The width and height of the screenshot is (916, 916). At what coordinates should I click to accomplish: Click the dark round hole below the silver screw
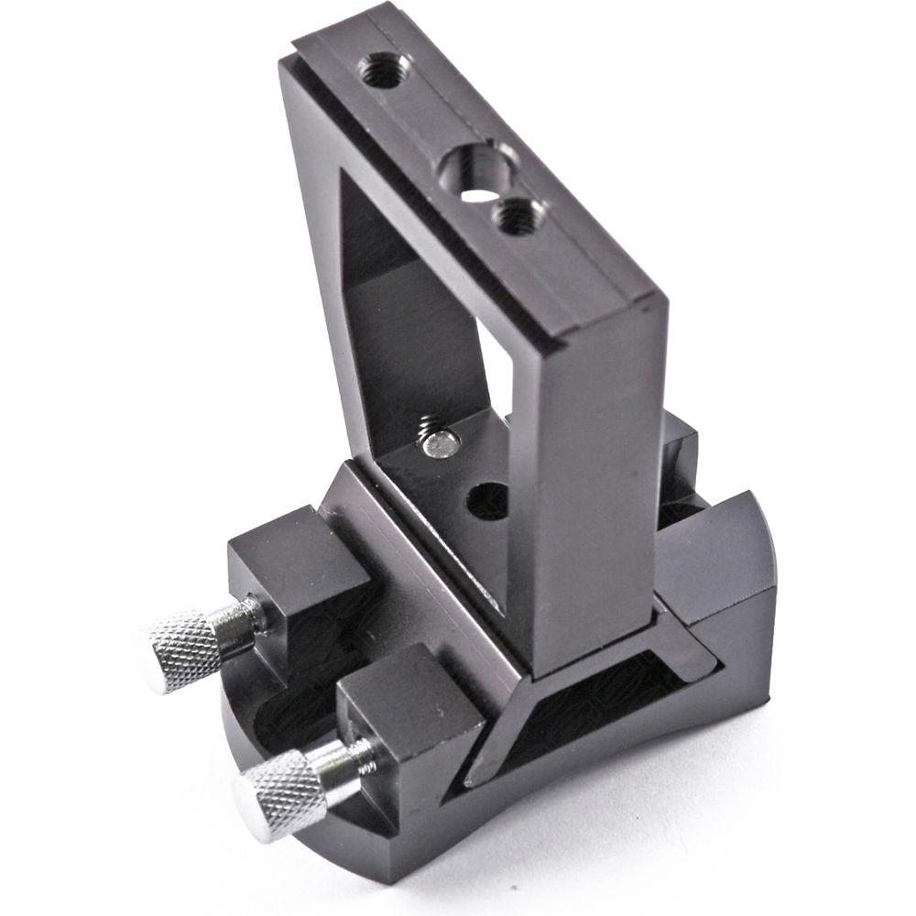tap(487, 501)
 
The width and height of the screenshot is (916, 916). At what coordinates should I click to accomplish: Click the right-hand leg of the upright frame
tap(586, 476)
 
